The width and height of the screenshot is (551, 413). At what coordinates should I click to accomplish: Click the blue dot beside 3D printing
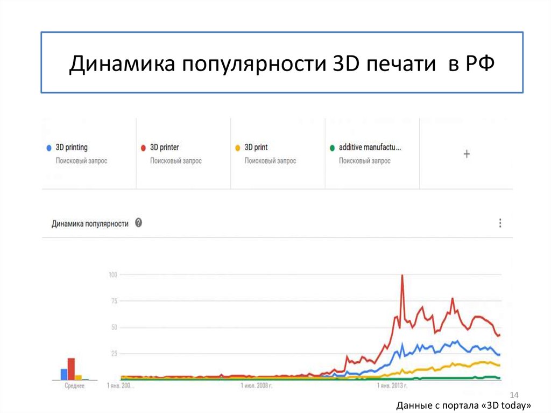[48, 148]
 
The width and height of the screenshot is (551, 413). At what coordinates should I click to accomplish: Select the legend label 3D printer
[164, 147]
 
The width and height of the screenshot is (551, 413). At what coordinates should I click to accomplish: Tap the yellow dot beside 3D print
[237, 148]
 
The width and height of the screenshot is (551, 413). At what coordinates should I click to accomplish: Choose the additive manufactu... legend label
[370, 147]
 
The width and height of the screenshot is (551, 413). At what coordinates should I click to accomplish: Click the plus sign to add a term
[467, 154]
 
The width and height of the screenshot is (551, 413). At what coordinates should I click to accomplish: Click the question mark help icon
[138, 223]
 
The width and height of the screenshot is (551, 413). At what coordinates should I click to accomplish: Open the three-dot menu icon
[500, 223]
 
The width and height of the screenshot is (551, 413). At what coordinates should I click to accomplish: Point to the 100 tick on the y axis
[113, 275]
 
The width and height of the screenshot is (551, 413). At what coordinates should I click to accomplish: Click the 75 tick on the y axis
[114, 302]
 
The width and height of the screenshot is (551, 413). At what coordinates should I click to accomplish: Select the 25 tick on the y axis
[114, 354]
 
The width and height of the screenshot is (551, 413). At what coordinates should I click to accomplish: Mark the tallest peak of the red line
[402, 276]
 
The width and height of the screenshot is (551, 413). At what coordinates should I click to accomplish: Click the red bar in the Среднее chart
[70, 369]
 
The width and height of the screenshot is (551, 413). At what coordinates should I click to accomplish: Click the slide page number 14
[513, 395]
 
